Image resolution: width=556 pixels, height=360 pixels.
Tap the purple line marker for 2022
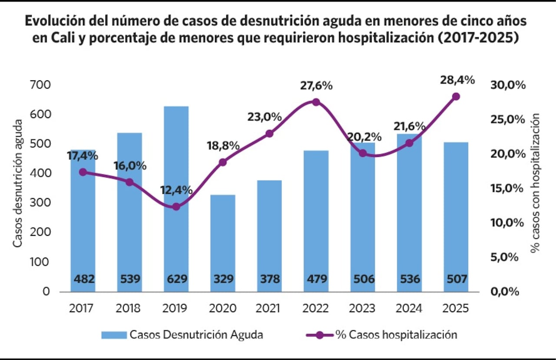[316, 102]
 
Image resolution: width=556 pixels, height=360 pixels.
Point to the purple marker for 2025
[456, 96]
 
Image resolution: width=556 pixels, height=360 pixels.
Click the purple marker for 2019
[176, 207]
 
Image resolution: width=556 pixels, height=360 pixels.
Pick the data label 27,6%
[316, 86]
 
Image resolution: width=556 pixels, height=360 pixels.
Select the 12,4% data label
[176, 190]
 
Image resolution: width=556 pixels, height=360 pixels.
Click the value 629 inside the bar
[176, 279]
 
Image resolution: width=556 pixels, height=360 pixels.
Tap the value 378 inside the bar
[269, 279]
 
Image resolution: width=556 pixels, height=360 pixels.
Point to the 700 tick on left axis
[40, 85]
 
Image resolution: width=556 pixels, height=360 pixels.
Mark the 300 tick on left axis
[40, 203]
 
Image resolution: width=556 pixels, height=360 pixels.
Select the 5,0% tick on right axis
[505, 257]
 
